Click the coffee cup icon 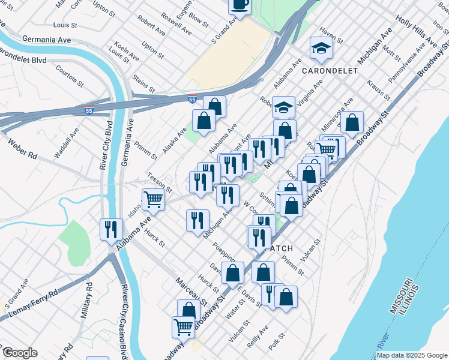[x=240, y=5]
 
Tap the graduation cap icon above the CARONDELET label [x=321, y=49]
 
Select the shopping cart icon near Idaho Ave [x=154, y=199]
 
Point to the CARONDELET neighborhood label [x=330, y=71]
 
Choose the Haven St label [x=331, y=35]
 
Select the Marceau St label [x=191, y=290]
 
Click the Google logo [x=20, y=353]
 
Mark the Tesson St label [x=160, y=185]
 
